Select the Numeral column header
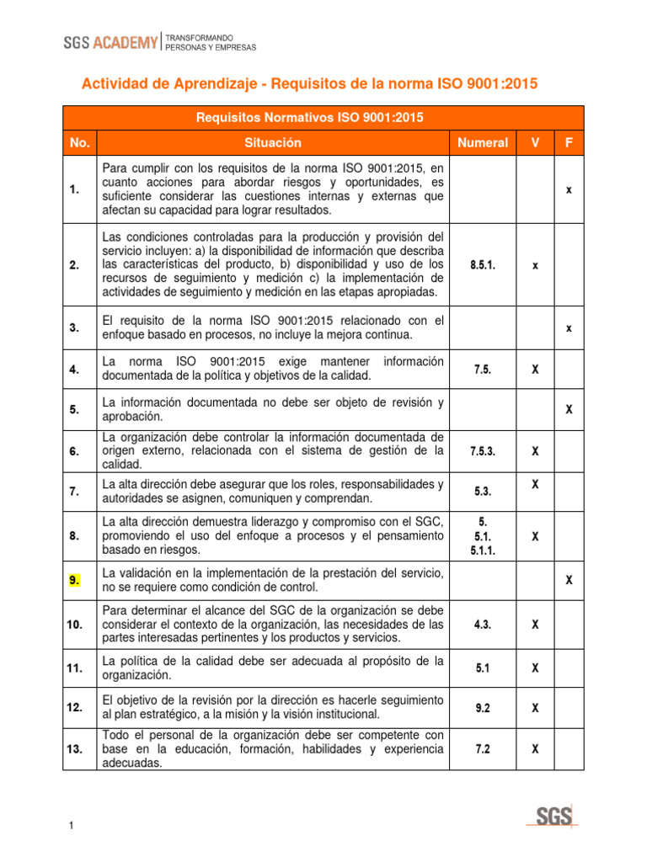[483, 143]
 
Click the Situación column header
[273, 143]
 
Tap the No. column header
[80, 143]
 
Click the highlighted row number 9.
[75, 580]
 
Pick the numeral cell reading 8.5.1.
[483, 265]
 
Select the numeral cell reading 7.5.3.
[483, 451]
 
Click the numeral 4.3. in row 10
[483, 625]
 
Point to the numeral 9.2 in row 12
[483, 709]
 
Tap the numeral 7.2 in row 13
[483, 749]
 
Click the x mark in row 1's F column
[569, 190]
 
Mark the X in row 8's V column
[535, 536]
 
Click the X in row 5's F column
[569, 410]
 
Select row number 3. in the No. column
[75, 328]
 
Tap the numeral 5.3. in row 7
[483, 491]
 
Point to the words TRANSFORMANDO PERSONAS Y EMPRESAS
[211, 43]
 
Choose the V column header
[535, 143]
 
